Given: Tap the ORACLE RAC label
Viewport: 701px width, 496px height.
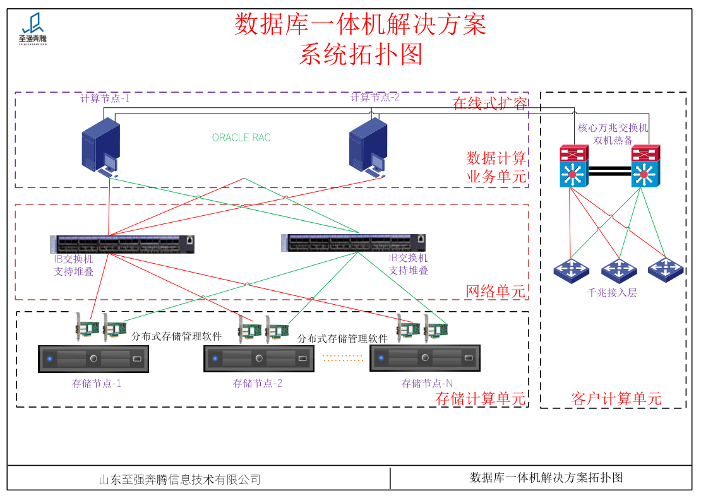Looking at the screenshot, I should coord(241,138).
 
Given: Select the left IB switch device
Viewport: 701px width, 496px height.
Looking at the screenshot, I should coord(122,244).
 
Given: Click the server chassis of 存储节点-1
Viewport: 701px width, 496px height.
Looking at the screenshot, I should coord(93,359).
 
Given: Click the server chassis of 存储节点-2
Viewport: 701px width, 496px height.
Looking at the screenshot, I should coord(258,359).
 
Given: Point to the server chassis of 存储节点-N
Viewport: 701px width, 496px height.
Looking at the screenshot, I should coord(424,359).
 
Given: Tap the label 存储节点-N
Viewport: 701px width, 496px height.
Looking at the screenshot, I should coord(427,383).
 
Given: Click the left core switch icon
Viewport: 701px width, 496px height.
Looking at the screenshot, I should coord(573,167).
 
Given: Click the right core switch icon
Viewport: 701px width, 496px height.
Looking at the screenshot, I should coord(645,167).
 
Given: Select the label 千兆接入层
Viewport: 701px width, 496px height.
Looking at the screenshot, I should coord(612,293).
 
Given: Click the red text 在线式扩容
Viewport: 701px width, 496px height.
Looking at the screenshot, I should coord(490,104).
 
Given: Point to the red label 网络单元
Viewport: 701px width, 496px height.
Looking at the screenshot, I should coord(495,291).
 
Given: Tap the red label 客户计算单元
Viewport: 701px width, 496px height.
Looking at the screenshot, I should coord(616,398).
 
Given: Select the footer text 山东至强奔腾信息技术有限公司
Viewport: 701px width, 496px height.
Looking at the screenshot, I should coord(180,480).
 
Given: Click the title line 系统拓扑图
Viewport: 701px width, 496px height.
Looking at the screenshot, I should coord(360,55).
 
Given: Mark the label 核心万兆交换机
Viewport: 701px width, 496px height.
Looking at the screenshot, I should coord(613,127).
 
